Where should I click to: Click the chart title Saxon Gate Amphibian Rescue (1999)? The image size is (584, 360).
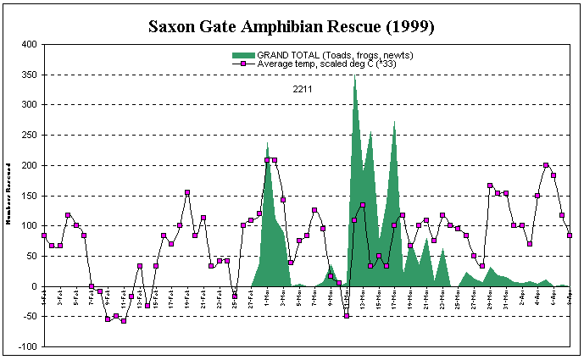coord(292,26)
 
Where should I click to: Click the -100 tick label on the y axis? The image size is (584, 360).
coord(26,346)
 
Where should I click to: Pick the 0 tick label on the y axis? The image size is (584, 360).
coord(33,286)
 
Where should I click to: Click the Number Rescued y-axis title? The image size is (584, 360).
coord(7,195)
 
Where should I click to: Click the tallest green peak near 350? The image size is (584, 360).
coord(354,76)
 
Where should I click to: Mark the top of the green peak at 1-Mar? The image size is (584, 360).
coord(268,144)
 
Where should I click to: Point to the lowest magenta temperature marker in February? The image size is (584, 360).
coord(124,321)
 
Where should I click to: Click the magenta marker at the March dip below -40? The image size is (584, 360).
coord(347,316)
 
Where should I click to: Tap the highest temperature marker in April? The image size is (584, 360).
coord(546,165)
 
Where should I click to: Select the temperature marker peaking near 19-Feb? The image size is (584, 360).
coord(187,192)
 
